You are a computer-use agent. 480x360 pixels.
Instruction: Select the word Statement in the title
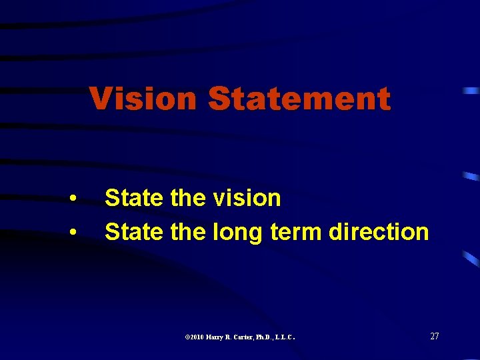(x=299, y=99)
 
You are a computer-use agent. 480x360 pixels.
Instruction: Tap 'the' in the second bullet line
(x=191, y=232)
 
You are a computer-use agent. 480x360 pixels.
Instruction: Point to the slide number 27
(x=435, y=336)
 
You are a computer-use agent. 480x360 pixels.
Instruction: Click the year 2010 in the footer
(x=196, y=337)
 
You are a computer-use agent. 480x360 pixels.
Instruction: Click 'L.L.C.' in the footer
(x=287, y=337)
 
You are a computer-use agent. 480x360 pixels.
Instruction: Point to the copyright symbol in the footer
(x=186, y=337)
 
